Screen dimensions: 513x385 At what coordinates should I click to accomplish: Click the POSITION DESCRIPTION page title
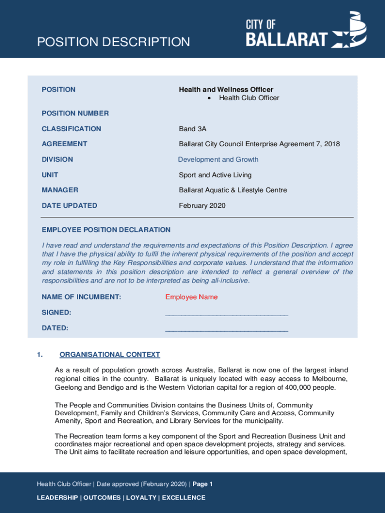click(113, 42)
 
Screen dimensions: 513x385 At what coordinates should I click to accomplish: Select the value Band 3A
click(192, 129)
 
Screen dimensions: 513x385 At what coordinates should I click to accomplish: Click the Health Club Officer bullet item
click(248, 98)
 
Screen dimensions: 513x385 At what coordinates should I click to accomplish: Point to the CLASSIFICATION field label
click(71, 129)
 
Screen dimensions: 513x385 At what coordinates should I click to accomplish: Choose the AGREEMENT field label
click(64, 144)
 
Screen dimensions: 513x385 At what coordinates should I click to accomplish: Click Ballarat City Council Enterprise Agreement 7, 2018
click(259, 144)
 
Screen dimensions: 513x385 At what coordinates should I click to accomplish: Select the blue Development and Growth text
click(218, 159)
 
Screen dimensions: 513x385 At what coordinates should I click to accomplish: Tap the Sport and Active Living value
click(215, 175)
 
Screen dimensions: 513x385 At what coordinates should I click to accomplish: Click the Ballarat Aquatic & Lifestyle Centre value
click(232, 190)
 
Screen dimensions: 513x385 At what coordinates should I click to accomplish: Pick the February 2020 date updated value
click(202, 205)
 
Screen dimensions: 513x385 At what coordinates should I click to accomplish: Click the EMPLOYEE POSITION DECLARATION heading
click(106, 230)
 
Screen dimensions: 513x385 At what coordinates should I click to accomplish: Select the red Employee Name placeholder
click(191, 297)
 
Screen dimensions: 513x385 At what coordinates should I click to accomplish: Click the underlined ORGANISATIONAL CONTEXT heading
click(109, 355)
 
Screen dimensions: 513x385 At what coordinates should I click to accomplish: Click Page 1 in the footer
click(202, 484)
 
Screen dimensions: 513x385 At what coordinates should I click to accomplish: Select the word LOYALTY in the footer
click(139, 497)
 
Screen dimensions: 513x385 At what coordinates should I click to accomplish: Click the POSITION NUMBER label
click(75, 113)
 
